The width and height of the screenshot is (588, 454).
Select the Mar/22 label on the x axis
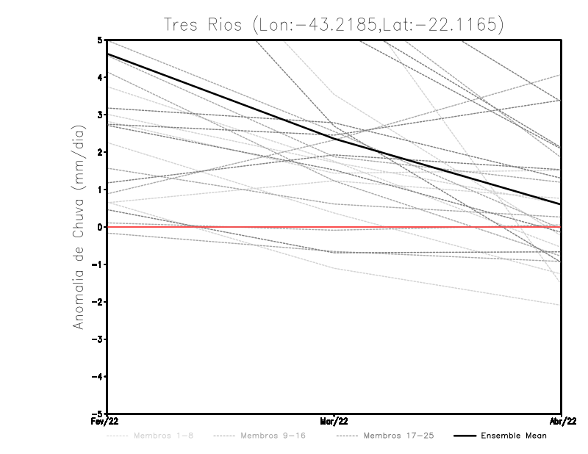coord(334,422)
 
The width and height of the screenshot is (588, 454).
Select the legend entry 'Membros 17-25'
coord(399,436)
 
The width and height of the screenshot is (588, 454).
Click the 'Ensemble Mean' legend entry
coord(513,436)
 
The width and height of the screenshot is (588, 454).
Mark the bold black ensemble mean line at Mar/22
coord(334,138)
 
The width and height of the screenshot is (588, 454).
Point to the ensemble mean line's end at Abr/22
coord(560,204)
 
